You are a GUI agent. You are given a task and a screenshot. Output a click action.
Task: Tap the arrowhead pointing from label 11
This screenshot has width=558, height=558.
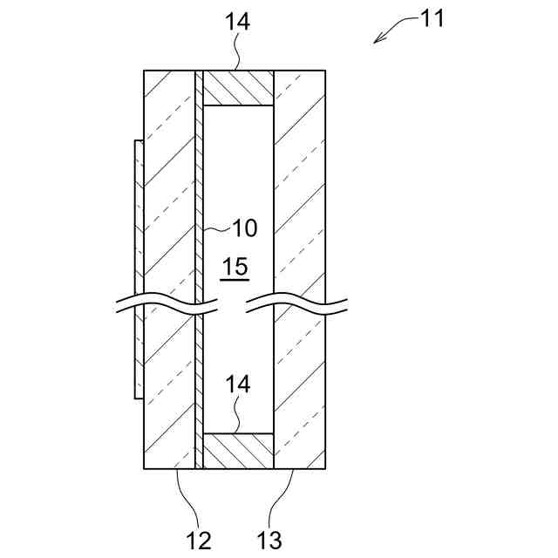(377, 39)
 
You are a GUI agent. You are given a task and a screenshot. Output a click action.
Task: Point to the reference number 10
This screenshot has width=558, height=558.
(244, 228)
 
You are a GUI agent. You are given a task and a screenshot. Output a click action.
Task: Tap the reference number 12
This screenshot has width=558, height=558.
(199, 541)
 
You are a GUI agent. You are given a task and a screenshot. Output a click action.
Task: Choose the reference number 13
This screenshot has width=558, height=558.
(270, 541)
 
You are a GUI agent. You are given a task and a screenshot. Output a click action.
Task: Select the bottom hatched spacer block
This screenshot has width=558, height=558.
(238, 452)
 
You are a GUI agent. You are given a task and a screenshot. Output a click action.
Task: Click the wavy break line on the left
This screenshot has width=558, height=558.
(166, 308)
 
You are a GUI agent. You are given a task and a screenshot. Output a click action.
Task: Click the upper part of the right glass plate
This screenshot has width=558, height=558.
(301, 174)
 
